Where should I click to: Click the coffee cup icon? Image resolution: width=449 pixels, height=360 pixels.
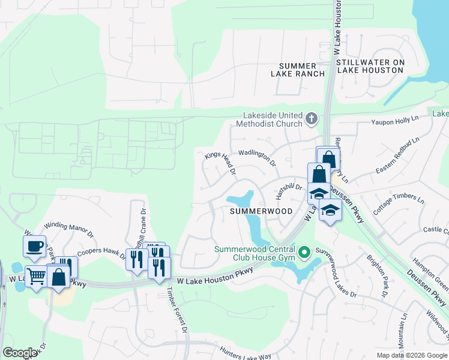click(34, 245)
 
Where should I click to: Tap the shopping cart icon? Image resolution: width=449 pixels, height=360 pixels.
click(36, 277)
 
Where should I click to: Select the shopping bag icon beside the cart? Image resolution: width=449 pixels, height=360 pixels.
click(59, 277)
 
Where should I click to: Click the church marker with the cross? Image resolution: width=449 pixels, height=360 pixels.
click(311, 119)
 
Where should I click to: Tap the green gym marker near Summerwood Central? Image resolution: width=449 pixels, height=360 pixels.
click(304, 252)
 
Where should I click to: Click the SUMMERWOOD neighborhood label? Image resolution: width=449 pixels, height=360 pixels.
click(262, 211)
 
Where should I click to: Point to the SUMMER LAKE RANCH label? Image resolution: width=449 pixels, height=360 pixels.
click(302, 70)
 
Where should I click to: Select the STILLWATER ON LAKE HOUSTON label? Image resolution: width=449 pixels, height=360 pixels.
click(370, 66)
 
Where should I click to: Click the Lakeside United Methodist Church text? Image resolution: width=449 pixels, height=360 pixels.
click(273, 119)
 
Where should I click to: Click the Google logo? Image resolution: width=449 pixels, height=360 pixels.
click(20, 353)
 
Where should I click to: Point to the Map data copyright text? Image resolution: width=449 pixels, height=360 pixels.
click(411, 355)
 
